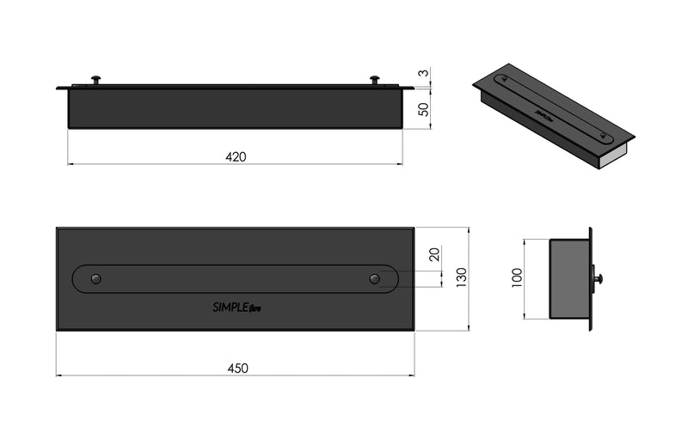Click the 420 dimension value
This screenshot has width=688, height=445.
(236, 156)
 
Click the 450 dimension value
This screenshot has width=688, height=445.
(237, 368)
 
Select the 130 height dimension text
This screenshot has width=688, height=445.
(461, 276)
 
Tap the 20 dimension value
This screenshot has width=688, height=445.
(433, 255)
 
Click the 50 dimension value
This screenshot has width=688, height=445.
(422, 110)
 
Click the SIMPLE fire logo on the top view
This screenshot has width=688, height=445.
(231, 307)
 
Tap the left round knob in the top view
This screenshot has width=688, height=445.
(96, 278)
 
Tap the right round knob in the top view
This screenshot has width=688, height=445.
(374, 278)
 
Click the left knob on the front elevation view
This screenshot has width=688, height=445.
(95, 80)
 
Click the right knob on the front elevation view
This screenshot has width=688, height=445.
(374, 80)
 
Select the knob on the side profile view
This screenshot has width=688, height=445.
(598, 278)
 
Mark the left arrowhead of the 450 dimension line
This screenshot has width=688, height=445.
(59, 375)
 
